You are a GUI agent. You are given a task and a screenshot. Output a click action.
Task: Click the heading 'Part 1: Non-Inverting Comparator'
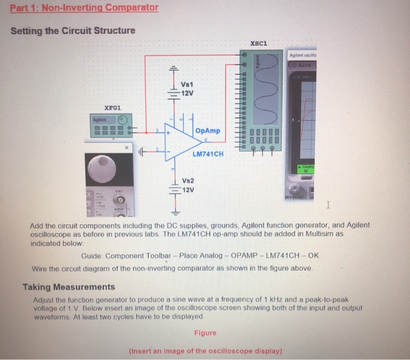pos(84,8)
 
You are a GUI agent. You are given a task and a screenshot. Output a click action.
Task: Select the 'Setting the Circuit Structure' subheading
pos(73,30)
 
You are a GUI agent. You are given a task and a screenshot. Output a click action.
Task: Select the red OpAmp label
pos(209,131)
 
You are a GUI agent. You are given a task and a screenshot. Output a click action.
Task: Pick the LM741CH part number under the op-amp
pos(208,154)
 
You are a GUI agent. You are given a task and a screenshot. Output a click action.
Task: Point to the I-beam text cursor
pos(329,205)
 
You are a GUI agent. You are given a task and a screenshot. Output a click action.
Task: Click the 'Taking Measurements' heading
pos(69,287)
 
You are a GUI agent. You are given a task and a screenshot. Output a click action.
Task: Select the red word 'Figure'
pos(205,333)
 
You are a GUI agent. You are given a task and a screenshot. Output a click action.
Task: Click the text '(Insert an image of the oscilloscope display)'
pos(205,351)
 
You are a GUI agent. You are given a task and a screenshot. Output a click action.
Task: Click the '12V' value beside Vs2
pos(189,190)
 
